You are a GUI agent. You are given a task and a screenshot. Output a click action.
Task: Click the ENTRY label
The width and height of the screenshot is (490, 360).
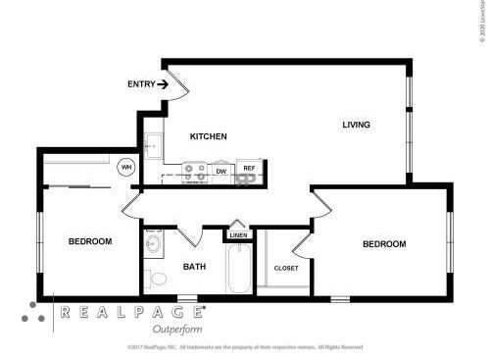coord(140,84)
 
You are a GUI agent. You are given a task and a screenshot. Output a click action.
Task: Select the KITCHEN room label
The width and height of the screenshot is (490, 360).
coord(209,136)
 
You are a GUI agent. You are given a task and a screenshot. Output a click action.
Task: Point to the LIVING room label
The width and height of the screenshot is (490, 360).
coord(356,125)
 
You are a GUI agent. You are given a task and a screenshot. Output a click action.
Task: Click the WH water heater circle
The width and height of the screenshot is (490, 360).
coord(126,168)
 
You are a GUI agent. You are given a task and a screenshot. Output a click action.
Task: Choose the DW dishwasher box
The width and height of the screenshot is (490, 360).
coord(221,172)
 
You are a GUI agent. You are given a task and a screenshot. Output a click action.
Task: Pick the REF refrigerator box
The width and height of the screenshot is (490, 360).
coord(249,170)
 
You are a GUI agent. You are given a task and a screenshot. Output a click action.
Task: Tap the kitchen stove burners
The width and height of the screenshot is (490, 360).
coord(194,173)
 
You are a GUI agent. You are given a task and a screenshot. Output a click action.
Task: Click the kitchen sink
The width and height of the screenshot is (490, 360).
coord(152,147)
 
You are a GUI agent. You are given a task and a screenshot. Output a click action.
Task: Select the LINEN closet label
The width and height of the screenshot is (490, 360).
coord(238,236)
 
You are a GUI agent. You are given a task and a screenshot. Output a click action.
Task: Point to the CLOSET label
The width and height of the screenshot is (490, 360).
coord(286,267)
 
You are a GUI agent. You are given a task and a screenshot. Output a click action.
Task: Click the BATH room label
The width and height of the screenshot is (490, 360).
coord(194,267)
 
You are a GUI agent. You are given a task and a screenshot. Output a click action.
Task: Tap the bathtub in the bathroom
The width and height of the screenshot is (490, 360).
coord(238,269)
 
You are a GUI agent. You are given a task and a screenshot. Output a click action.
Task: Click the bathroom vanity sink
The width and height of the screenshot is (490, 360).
coord(154,243)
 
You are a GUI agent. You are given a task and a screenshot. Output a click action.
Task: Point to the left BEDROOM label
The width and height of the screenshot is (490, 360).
coord(89,241)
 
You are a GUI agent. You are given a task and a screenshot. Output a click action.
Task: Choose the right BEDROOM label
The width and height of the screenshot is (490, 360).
coord(383,244)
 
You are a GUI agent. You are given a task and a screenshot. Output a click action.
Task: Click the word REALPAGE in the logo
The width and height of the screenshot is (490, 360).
coord(131,313)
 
